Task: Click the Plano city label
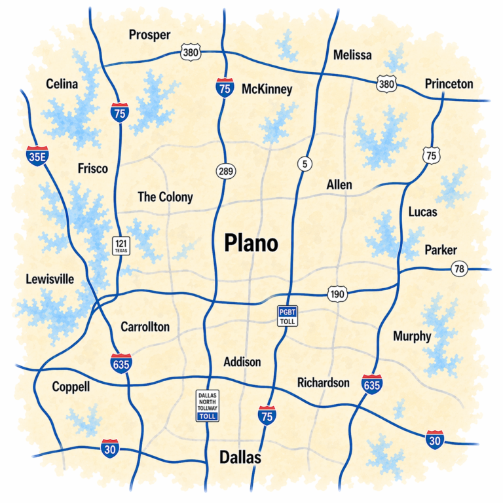pyautogui.click(x=251, y=243)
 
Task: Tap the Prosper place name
pyautogui.click(x=149, y=35)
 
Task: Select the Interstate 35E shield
pyautogui.click(x=37, y=155)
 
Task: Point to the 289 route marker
pyautogui.click(x=226, y=172)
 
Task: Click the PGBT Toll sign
pyautogui.click(x=288, y=315)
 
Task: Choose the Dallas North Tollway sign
pyautogui.click(x=208, y=405)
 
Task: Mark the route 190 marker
pyautogui.click(x=337, y=295)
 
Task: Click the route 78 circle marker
pyautogui.click(x=459, y=268)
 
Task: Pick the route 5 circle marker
pyautogui.click(x=304, y=164)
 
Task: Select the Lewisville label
pyautogui.click(x=50, y=279)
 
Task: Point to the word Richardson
pyautogui.click(x=323, y=382)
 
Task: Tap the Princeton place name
pyautogui.click(x=449, y=84)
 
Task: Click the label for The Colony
pyautogui.click(x=165, y=196)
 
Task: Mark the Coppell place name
pyautogui.click(x=71, y=386)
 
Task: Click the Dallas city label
pyautogui.click(x=240, y=457)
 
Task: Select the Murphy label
pyautogui.click(x=412, y=336)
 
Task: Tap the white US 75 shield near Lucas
pyautogui.click(x=431, y=155)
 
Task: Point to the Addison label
pyautogui.click(x=242, y=362)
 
